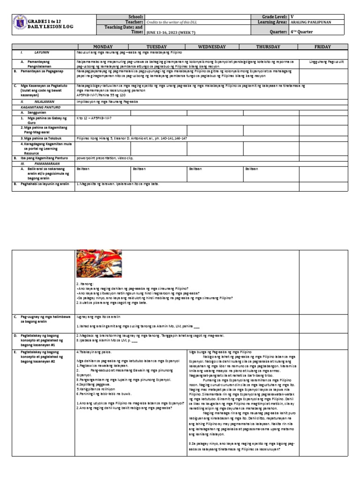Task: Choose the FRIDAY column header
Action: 323,47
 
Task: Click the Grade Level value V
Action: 292,16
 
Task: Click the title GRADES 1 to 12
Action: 45,22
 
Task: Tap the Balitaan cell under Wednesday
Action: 195,167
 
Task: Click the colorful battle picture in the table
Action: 99,263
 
